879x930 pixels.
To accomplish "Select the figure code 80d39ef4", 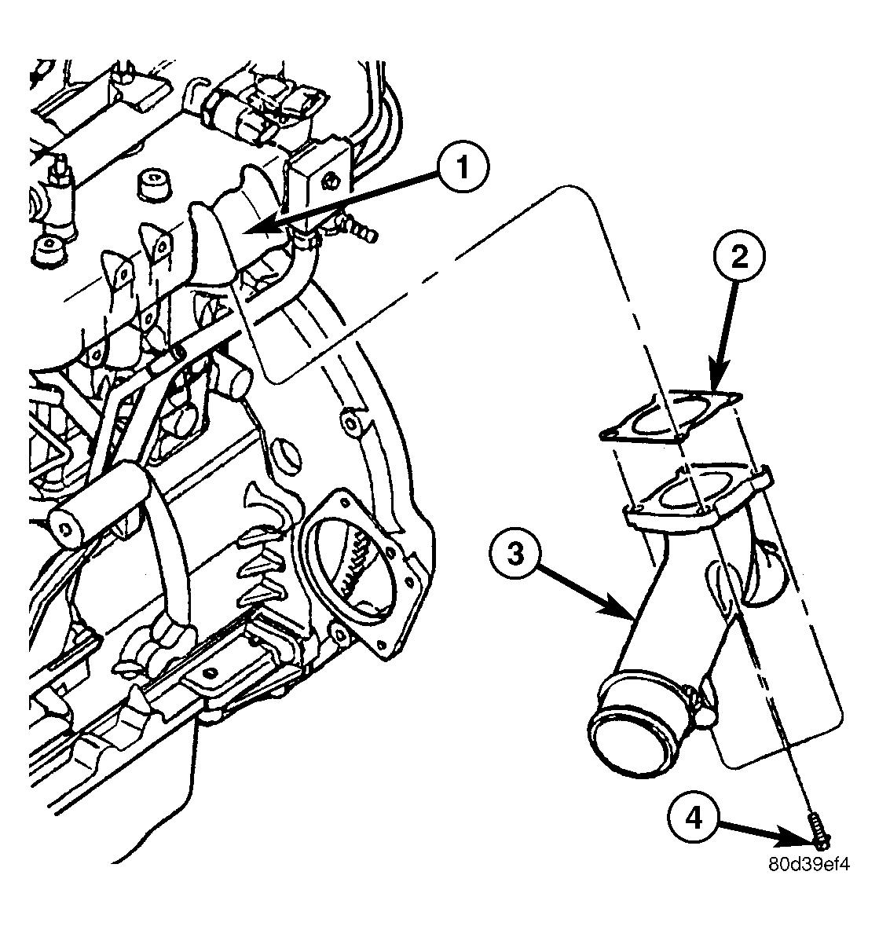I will click(x=808, y=865).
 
